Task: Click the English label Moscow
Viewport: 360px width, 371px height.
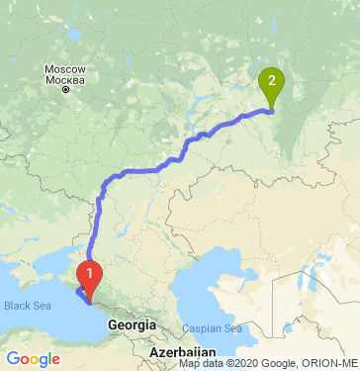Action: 65,68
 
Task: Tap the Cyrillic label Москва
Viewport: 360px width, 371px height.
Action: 65,78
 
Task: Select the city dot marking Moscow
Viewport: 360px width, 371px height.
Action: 65,89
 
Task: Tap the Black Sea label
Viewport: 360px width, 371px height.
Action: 27,305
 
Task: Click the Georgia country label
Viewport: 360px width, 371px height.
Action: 134,325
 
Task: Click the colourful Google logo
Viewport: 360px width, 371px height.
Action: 33,358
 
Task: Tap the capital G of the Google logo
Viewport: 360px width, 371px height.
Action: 13,358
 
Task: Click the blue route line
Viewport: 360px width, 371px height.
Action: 158,169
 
